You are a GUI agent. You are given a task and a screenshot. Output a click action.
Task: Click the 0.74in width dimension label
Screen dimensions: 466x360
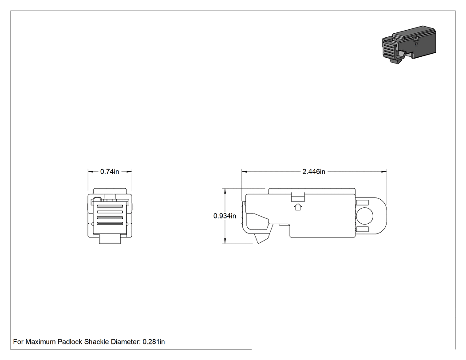pyautogui.click(x=109, y=171)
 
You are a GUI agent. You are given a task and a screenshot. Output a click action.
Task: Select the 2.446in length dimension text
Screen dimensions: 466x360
pyautogui.click(x=314, y=171)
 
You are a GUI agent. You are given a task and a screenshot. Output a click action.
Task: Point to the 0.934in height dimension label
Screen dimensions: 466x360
pyautogui.click(x=225, y=216)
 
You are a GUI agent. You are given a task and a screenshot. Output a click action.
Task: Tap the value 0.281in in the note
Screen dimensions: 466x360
pyautogui.click(x=154, y=341)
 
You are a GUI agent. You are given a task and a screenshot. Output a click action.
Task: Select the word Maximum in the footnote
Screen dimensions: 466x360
pyautogui.click(x=40, y=341)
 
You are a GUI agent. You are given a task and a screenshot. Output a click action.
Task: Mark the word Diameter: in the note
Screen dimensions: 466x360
pyautogui.click(x=126, y=341)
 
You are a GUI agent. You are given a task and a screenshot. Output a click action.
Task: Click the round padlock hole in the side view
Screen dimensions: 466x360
pyautogui.click(x=364, y=216)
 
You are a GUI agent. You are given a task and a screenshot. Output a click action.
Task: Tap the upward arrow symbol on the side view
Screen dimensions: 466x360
pyautogui.click(x=298, y=207)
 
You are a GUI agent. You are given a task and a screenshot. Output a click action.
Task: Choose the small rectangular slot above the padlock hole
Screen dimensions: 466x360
pyautogui.click(x=362, y=203)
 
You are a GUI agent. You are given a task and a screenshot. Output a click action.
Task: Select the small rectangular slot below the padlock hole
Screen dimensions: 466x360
pyautogui.click(x=362, y=229)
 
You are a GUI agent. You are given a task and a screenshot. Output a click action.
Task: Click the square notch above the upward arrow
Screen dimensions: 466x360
pyautogui.click(x=298, y=197)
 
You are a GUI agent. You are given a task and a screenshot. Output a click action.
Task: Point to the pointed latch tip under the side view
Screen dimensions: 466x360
pyautogui.click(x=258, y=244)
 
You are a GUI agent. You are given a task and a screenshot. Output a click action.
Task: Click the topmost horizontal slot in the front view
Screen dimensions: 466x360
pyautogui.click(x=110, y=206)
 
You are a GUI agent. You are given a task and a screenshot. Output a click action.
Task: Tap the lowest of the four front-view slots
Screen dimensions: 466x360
pyautogui.click(x=110, y=224)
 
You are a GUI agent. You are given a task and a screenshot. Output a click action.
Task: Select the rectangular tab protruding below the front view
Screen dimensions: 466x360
pyautogui.click(x=110, y=239)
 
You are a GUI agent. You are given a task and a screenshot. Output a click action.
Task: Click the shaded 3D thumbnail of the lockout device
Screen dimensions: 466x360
pyautogui.click(x=409, y=44)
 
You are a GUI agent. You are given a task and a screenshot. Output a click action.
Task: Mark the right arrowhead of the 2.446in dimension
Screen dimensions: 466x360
pyautogui.click(x=384, y=171)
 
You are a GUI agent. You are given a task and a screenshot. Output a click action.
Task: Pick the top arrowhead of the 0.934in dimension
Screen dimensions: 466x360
pyautogui.click(x=225, y=191)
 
